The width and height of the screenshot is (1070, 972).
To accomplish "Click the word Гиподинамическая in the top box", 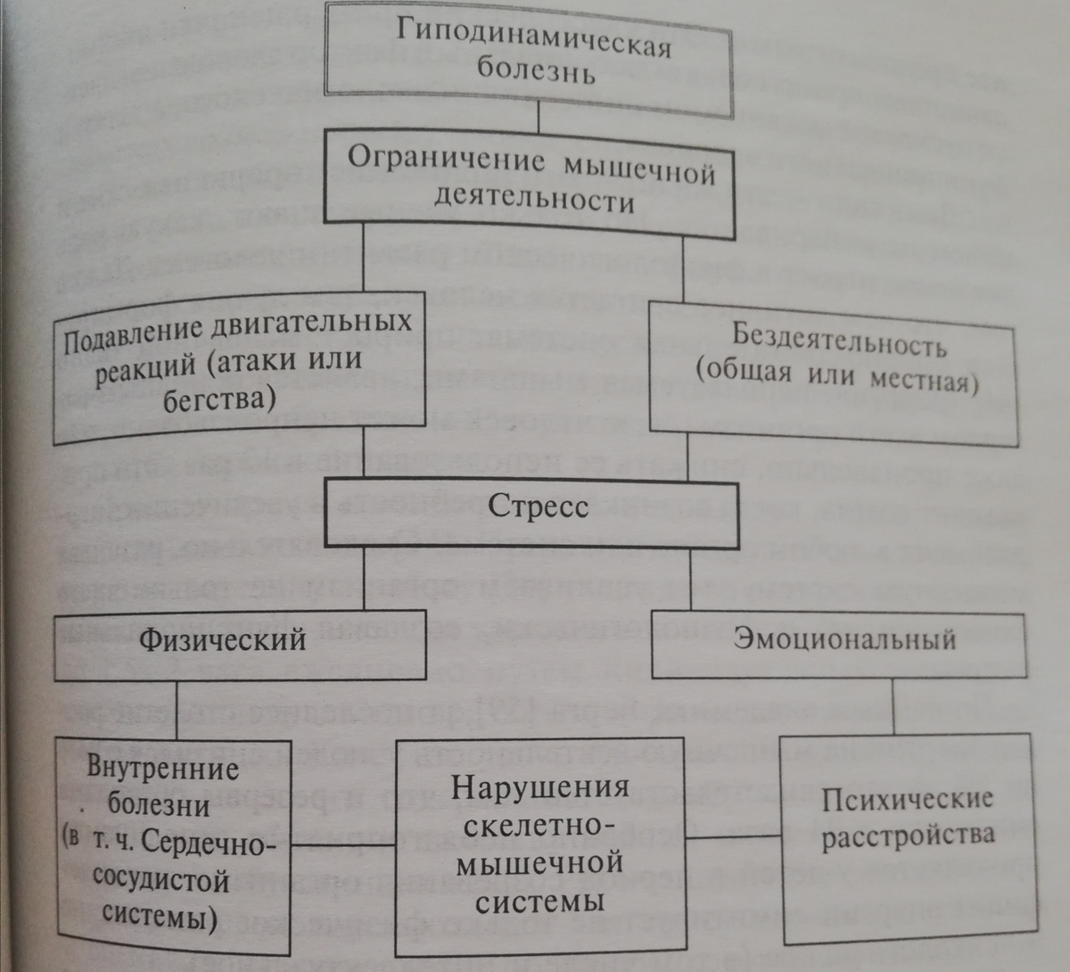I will pyautogui.click(x=533, y=40).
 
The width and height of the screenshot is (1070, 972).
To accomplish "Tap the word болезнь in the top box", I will pyautogui.click(x=535, y=72).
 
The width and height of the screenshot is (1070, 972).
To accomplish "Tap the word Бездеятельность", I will pyautogui.click(x=839, y=339).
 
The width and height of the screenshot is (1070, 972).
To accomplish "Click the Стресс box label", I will pyautogui.click(x=538, y=507).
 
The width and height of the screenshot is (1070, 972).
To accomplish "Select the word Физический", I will pyautogui.click(x=222, y=638).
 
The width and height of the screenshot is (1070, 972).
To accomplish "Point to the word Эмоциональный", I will pyautogui.click(x=844, y=638).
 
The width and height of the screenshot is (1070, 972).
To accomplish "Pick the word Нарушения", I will pyautogui.click(x=540, y=788).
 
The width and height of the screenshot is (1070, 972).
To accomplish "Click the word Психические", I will pyautogui.click(x=907, y=799).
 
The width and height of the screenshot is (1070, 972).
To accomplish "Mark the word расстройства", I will pyautogui.click(x=908, y=836).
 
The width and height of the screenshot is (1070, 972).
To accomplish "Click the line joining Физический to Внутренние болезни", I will pyautogui.click(x=175, y=709).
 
